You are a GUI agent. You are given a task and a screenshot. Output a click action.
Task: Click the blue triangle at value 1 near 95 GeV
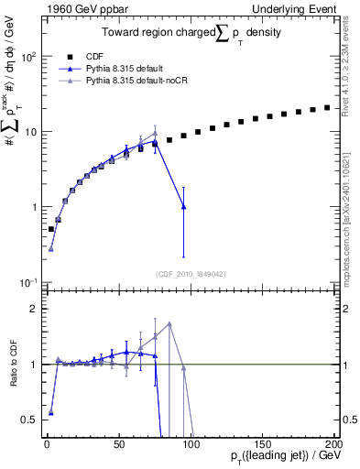[184, 207]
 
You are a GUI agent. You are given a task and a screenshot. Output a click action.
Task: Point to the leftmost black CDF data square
[51, 229]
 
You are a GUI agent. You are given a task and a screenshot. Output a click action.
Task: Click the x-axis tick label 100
[191, 443]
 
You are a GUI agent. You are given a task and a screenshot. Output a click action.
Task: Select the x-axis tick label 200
[333, 443]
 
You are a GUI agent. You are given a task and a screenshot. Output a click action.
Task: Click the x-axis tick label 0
[47, 443]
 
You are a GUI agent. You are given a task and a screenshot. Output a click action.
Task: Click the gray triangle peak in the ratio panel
[169, 323]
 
